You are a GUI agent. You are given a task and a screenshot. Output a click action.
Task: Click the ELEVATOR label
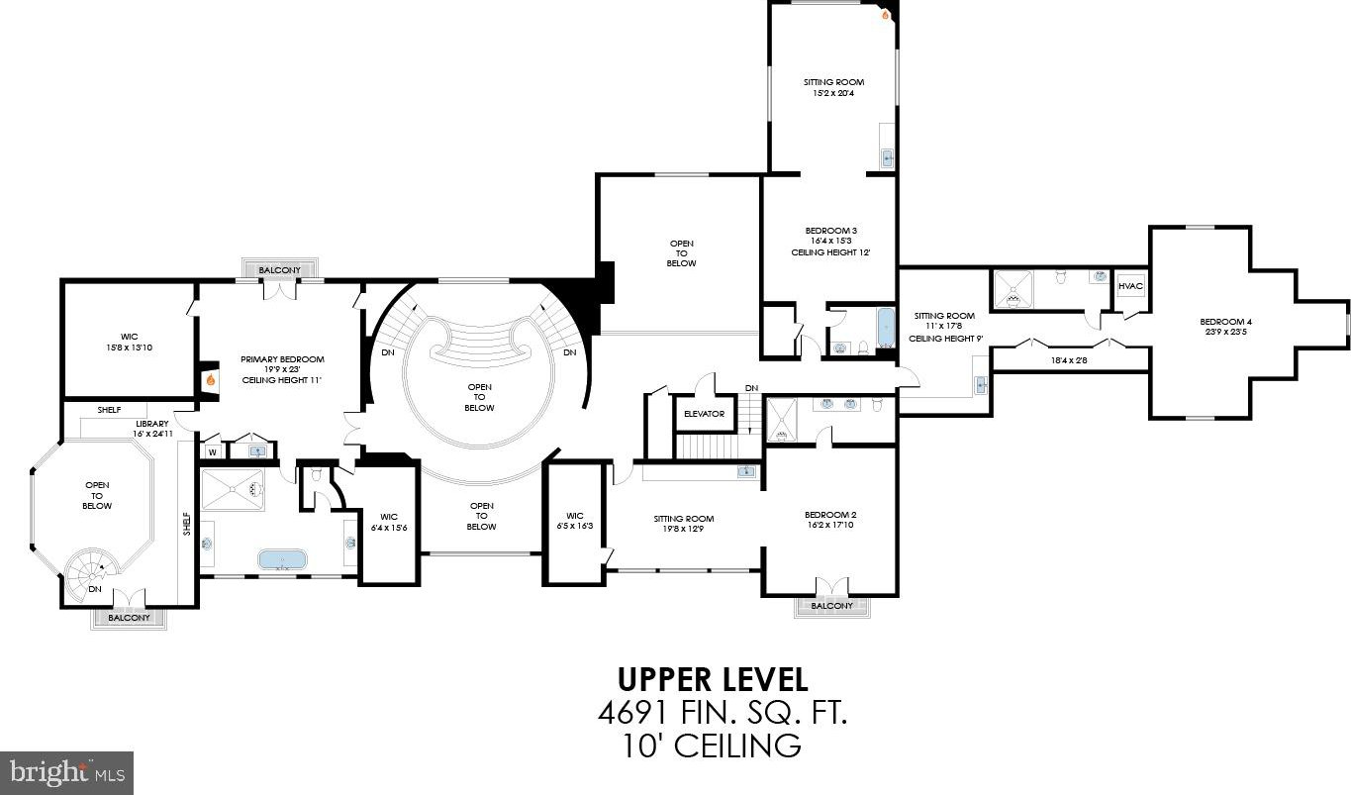tap(704, 414)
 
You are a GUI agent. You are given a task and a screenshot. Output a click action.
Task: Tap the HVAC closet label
tap(1130, 286)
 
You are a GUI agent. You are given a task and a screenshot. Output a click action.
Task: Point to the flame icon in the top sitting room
tap(885, 16)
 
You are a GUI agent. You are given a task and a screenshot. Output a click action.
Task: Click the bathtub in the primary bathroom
tap(282, 559)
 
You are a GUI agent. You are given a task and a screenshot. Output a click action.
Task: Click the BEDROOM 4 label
tap(1225, 322)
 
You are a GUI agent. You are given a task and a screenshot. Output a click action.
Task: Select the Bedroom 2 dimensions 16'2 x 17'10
tap(830, 525)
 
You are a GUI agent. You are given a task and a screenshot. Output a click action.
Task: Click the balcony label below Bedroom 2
tap(831, 606)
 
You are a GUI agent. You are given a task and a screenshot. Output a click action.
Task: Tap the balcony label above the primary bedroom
tap(279, 270)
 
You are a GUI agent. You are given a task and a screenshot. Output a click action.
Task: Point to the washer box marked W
tap(212, 451)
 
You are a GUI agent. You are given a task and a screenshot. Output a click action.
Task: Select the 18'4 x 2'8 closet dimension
tap(1069, 360)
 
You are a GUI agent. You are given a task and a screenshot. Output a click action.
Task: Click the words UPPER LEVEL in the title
tap(713, 680)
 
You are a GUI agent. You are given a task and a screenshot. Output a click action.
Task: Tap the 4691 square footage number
tap(632, 714)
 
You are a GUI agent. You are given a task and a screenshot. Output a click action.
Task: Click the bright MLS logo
tap(66, 773)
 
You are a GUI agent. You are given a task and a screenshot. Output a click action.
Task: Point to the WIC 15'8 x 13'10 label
tap(129, 342)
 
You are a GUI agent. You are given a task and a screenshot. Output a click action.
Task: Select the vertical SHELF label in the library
tap(187, 524)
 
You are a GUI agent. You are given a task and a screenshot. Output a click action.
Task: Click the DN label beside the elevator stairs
tap(751, 388)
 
